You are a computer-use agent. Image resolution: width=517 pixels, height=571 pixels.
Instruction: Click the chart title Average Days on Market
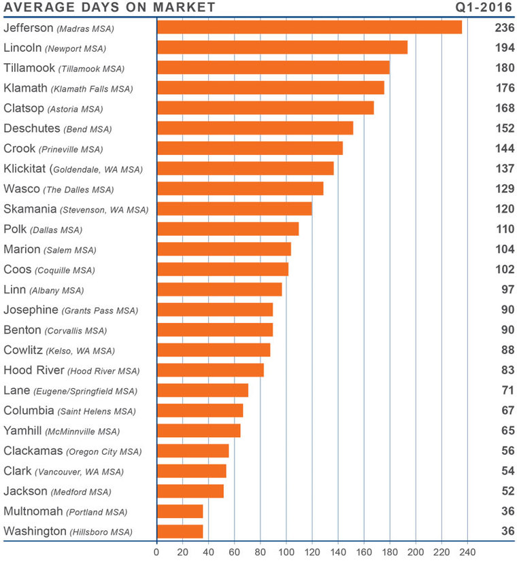coord(110,8)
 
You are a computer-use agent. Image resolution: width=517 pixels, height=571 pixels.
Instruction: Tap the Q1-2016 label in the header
coord(484,8)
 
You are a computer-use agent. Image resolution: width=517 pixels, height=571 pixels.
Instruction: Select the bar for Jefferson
coord(310,27)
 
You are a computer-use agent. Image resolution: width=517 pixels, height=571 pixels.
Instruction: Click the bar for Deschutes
coord(255,128)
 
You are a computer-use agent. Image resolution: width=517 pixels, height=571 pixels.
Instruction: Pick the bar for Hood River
coord(210,370)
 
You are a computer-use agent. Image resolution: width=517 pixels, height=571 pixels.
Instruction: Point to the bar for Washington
coord(180,532)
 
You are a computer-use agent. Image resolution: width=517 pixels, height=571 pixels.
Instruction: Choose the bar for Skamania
coord(235,209)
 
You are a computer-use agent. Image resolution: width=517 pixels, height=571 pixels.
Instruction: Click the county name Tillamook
coord(29,68)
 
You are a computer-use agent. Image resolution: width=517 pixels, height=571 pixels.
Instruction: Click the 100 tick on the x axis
coord(286,552)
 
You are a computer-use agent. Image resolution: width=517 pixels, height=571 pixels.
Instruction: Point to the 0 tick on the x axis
coord(157,552)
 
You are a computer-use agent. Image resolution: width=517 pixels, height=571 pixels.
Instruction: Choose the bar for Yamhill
coord(199,430)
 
